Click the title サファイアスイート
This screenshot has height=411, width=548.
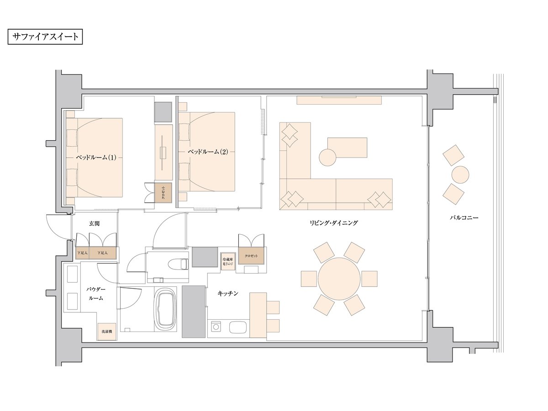(x=45, y=37)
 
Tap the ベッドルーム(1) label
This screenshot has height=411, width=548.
(x=96, y=157)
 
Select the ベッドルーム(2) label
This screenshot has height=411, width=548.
(x=208, y=152)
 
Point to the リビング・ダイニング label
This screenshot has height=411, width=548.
(x=333, y=223)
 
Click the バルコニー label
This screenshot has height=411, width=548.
(x=464, y=218)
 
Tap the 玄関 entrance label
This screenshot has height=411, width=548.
(x=94, y=223)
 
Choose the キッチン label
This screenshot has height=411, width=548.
(x=228, y=294)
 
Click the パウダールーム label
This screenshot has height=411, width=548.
(x=96, y=294)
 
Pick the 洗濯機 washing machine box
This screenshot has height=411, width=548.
(x=107, y=332)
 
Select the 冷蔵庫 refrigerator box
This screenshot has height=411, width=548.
(x=228, y=262)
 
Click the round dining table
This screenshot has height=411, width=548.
(x=339, y=279)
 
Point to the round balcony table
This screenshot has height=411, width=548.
(x=460, y=175)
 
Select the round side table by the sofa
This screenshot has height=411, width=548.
(x=327, y=158)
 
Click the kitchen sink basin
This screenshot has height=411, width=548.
(x=238, y=327)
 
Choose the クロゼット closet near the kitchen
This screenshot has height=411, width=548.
(x=251, y=256)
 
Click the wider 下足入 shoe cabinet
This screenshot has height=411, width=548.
(x=102, y=253)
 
